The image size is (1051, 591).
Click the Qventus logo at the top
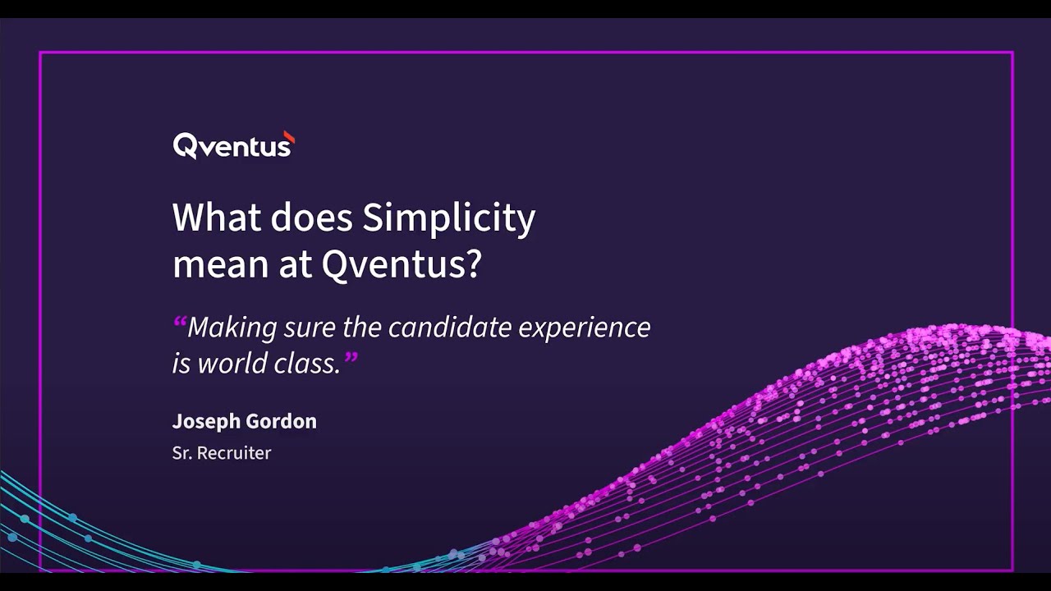[232, 146]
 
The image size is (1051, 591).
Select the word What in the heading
[216, 218]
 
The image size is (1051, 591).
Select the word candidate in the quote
[439, 328]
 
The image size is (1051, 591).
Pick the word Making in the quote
[232, 328]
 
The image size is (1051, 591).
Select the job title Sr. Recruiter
[222, 452]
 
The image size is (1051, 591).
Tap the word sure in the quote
[309, 328]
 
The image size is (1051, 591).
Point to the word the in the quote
[361, 328]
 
